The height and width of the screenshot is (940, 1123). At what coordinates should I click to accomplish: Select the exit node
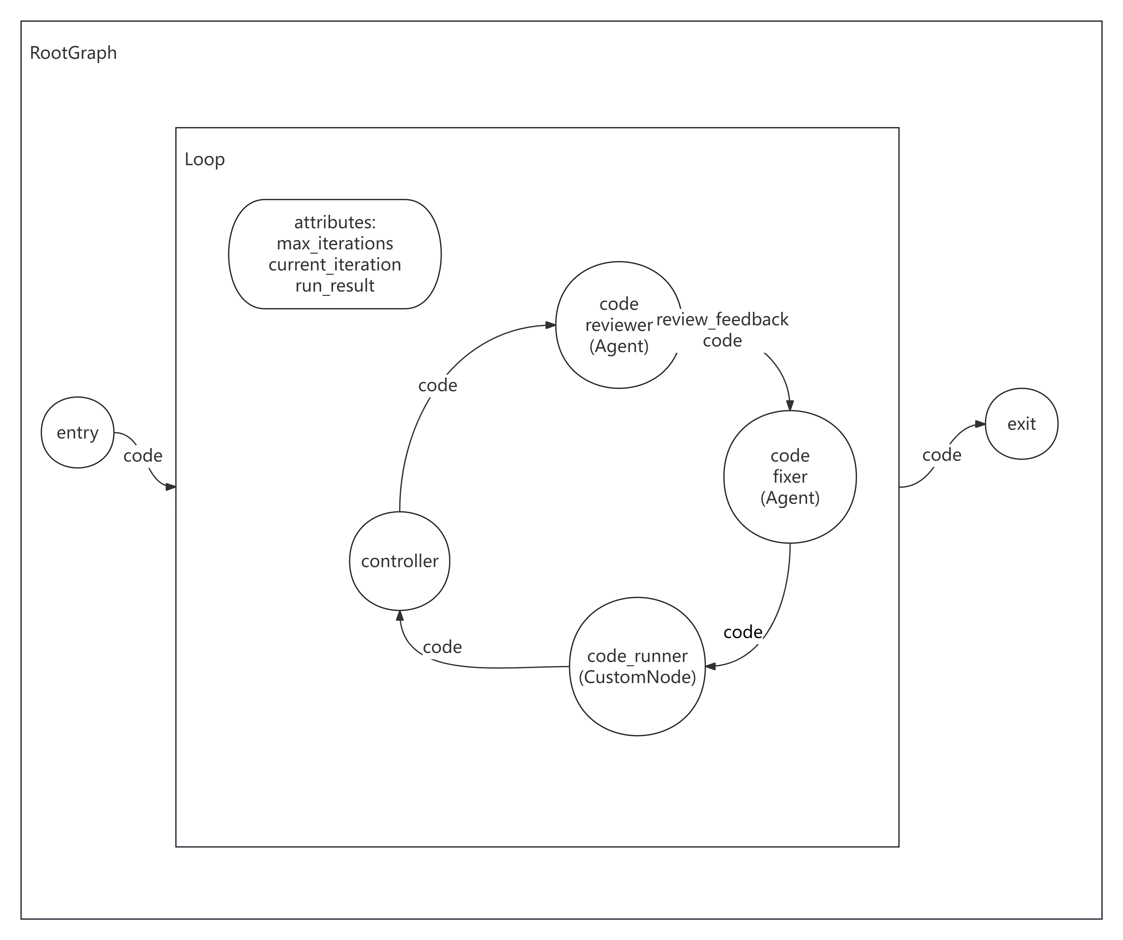(1021, 424)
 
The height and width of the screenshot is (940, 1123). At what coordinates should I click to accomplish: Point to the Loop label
(204, 159)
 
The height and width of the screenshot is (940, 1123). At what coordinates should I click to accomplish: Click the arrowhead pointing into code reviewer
(550, 325)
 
